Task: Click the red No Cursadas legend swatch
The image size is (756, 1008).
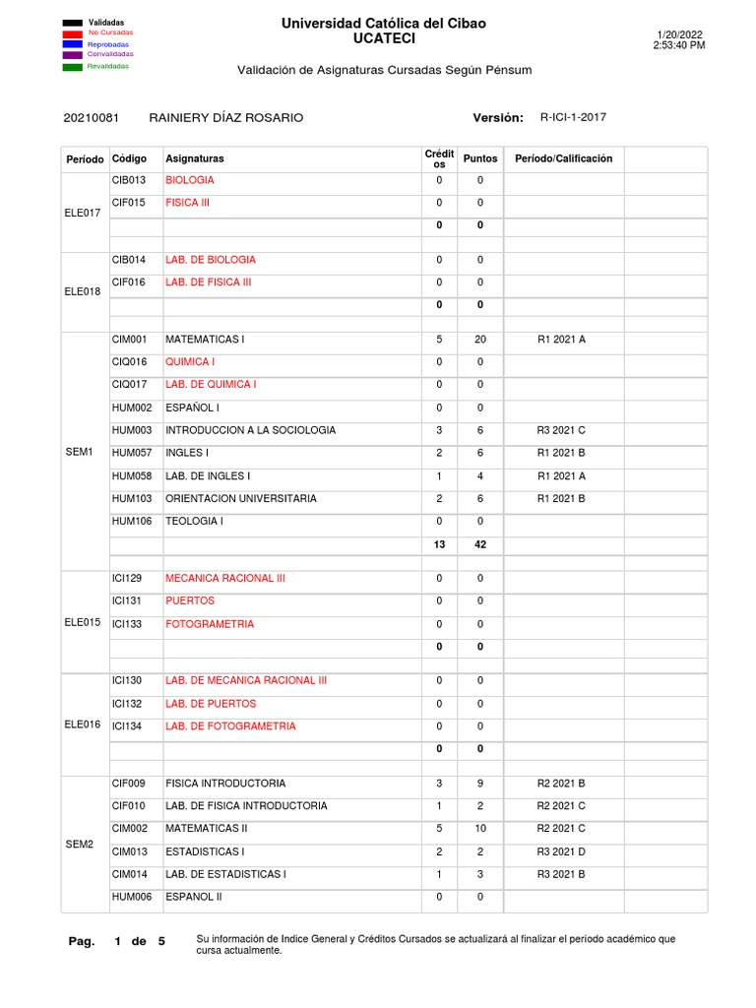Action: click(72, 32)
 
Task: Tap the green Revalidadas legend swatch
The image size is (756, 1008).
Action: click(72, 67)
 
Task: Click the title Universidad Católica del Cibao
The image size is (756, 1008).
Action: click(384, 23)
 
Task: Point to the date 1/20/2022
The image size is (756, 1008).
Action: click(679, 34)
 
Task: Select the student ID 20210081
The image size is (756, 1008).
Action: click(91, 118)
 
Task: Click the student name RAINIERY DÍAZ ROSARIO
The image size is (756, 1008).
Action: click(225, 118)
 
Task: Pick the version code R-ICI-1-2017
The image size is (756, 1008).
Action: click(573, 117)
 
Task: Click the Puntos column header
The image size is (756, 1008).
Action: click(480, 158)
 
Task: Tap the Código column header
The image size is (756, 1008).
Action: click(130, 158)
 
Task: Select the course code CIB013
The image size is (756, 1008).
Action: click(129, 180)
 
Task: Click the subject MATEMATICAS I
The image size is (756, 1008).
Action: click(205, 339)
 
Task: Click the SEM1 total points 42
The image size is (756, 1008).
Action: click(480, 544)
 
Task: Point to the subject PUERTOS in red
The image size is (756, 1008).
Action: click(190, 600)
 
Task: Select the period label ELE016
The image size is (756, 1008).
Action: click(83, 724)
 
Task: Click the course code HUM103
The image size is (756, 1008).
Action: click(131, 499)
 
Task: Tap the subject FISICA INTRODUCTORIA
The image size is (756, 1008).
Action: click(225, 784)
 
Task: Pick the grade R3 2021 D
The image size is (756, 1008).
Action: click(561, 851)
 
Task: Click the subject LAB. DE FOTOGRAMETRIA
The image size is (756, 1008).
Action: click(230, 726)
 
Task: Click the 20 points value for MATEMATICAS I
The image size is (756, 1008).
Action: click(480, 339)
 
